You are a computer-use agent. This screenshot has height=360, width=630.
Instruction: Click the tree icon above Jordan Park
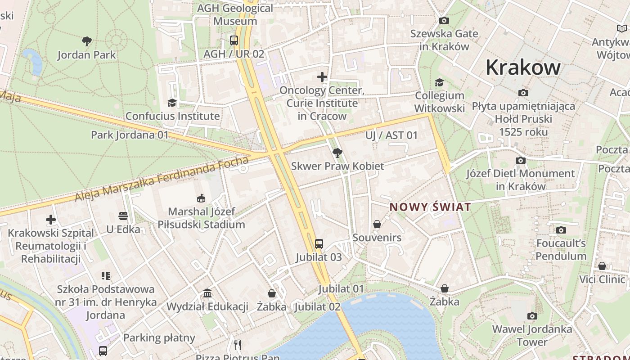click(87, 41)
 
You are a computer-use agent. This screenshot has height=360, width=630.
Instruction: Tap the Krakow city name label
click(523, 67)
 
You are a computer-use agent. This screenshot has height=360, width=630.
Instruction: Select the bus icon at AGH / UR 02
click(234, 40)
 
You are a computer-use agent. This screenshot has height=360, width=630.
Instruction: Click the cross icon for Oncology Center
click(322, 77)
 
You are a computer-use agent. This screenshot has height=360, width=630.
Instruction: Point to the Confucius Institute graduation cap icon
click(172, 103)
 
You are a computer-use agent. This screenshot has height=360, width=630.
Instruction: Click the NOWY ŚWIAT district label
click(430, 207)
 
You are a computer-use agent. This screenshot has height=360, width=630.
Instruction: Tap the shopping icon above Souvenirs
click(377, 224)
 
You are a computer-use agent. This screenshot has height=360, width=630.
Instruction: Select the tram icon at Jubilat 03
click(319, 244)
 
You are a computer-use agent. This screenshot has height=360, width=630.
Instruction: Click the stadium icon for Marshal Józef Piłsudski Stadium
click(201, 198)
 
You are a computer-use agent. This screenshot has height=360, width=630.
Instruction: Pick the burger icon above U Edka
click(123, 216)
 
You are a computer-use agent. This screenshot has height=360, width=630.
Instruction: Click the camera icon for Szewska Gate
click(444, 20)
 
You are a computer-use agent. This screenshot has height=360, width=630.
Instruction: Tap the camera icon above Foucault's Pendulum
click(561, 230)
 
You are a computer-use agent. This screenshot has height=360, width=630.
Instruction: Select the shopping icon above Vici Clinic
click(602, 266)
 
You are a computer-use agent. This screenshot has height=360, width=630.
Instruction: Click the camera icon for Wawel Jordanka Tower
click(532, 316)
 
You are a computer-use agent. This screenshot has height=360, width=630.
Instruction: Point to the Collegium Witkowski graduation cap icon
click(439, 82)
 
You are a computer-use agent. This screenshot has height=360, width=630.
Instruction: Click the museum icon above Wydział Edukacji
click(207, 293)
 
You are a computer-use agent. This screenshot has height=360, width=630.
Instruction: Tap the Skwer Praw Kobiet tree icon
click(337, 153)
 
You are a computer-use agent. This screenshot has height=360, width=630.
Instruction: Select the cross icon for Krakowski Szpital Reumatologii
click(51, 220)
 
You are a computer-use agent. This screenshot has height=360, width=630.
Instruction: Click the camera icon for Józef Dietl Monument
click(520, 160)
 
